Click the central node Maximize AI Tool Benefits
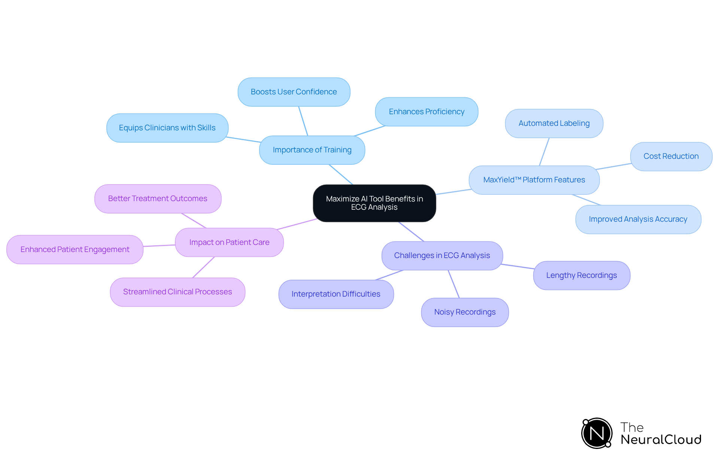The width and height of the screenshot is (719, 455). pyautogui.click(x=374, y=203)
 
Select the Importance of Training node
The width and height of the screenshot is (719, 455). pyautogui.click(x=312, y=150)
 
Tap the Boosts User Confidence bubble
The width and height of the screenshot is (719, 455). pyautogui.click(x=294, y=92)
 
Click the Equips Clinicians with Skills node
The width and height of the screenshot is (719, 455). pyautogui.click(x=167, y=128)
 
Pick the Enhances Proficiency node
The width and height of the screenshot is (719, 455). pyautogui.click(x=427, y=112)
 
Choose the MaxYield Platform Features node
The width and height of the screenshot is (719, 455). pyautogui.click(x=534, y=180)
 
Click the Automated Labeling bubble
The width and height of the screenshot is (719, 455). pyautogui.click(x=554, y=123)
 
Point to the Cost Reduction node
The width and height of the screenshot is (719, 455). pyautogui.click(x=671, y=156)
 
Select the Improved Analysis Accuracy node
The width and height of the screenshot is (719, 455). pyautogui.click(x=638, y=219)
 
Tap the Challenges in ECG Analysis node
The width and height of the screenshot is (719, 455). pyautogui.click(x=442, y=255)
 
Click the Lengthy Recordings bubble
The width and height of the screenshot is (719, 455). pyautogui.click(x=581, y=275)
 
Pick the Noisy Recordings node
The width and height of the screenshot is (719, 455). pyautogui.click(x=465, y=312)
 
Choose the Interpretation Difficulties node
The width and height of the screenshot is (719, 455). pyautogui.click(x=336, y=294)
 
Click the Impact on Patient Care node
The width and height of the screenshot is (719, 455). pyautogui.click(x=229, y=242)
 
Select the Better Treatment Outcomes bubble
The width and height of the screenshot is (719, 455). pyautogui.click(x=158, y=198)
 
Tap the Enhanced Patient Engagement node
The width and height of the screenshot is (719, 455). pyautogui.click(x=75, y=249)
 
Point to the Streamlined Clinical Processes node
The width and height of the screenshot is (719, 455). pyautogui.click(x=178, y=292)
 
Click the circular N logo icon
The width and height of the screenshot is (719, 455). pyautogui.click(x=597, y=433)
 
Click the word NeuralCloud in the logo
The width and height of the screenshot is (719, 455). pyautogui.click(x=661, y=440)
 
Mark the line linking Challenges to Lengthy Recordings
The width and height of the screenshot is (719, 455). pyautogui.click(x=518, y=266)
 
